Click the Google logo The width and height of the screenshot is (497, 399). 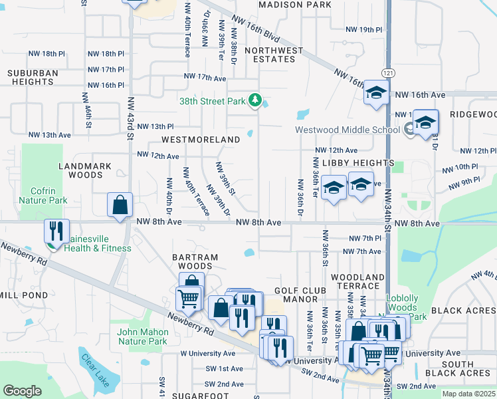(22, 391)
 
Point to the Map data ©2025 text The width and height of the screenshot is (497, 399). (469, 394)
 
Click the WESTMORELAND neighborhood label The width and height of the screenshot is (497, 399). (200, 140)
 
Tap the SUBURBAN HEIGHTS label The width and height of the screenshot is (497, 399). (33, 77)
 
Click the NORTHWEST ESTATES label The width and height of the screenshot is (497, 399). (274, 55)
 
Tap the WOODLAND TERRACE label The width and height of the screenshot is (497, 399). (357, 281)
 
